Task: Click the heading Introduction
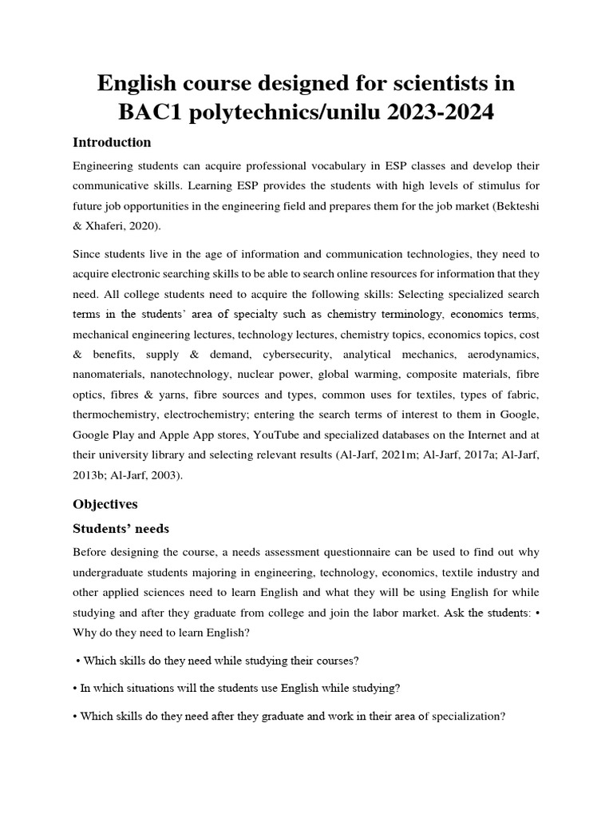pos(112,143)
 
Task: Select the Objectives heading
pos(105,505)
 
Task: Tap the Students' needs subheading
pos(121,529)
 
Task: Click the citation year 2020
pos(144,227)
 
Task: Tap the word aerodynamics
pos(503,352)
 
